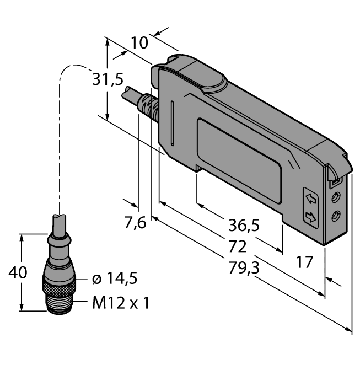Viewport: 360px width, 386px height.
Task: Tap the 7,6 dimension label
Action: pos(135,223)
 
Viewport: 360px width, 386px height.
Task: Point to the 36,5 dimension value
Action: pos(244,225)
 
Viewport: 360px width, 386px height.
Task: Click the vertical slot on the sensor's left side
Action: pos(173,121)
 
